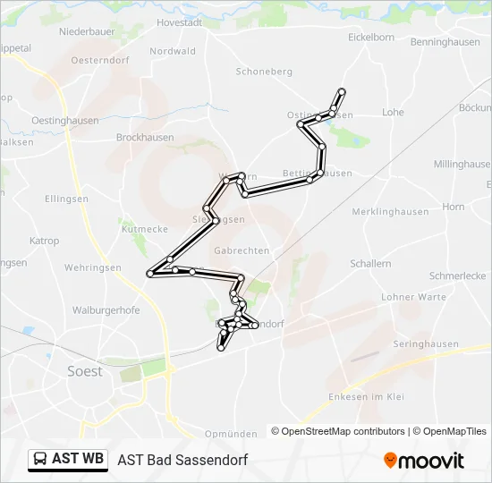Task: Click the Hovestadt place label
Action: [181, 22]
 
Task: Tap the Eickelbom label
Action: [371, 38]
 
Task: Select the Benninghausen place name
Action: [445, 42]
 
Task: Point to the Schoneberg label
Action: [264, 72]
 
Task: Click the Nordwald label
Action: [173, 52]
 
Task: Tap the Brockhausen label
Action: [145, 138]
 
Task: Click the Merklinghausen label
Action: [390, 212]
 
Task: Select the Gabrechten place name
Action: [242, 251]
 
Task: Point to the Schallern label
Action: [370, 264]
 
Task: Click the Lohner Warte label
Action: [413, 297]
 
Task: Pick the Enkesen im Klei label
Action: [367, 396]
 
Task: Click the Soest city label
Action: [85, 371]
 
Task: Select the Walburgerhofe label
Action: [106, 310]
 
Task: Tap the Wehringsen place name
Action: [92, 267]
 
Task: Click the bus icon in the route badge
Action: [40, 460]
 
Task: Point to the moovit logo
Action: [424, 461]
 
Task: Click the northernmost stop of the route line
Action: [341, 91]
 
